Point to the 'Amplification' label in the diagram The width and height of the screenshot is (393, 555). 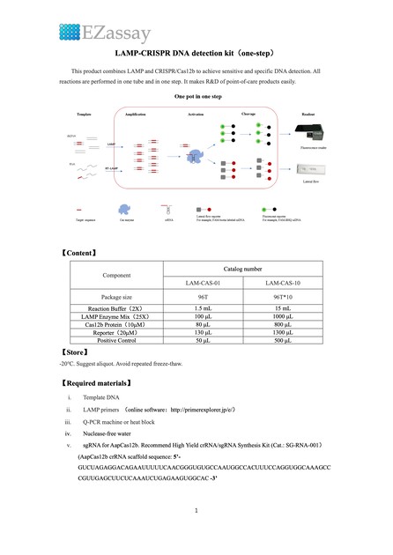click(x=136, y=139)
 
